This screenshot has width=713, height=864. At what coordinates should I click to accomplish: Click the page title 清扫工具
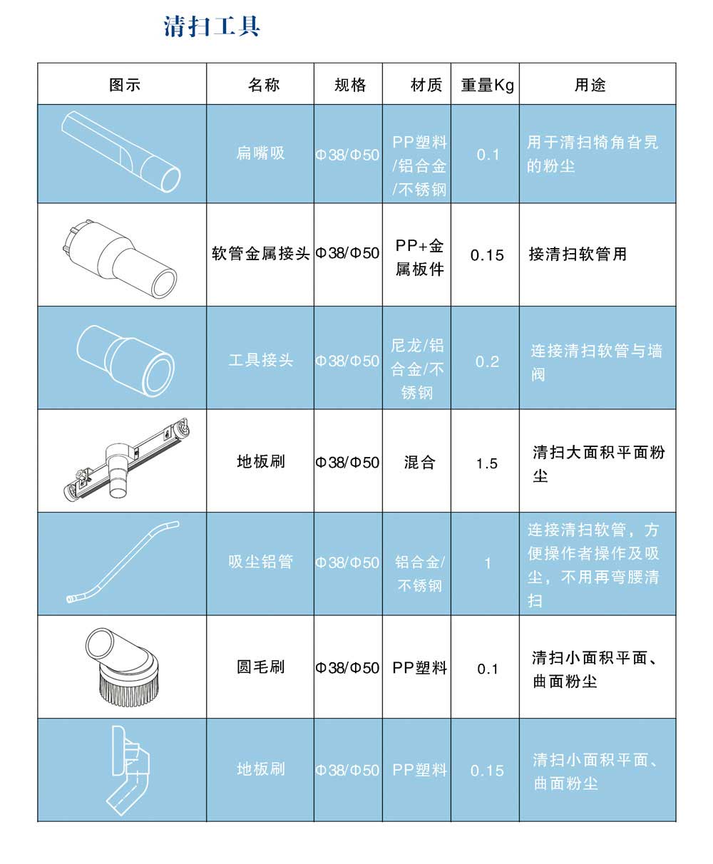coord(212,26)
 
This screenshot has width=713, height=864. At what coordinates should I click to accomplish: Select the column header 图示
coord(125,85)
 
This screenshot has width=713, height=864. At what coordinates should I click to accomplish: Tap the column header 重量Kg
coord(487,85)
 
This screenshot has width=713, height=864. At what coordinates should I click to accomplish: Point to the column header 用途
coord(590,85)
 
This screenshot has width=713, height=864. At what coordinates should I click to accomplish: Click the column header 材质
coord(426,85)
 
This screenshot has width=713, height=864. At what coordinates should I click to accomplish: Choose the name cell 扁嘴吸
coord(260,153)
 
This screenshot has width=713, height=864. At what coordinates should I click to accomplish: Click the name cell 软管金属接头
coord(260,254)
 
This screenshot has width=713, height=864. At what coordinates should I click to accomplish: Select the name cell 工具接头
coord(260,360)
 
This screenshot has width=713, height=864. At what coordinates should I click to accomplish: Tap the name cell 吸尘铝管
coord(260,562)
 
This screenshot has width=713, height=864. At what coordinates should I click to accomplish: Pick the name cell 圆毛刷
coord(260,667)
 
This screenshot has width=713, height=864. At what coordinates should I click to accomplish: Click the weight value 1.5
coord(487,464)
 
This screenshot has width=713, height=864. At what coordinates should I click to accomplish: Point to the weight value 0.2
coord(487,361)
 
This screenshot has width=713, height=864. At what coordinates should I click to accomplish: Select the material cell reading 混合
coord(419,463)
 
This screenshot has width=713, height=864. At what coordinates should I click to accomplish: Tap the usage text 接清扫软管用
coord(578,254)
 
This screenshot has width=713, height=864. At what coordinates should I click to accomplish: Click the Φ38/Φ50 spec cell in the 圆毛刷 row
coord(348,668)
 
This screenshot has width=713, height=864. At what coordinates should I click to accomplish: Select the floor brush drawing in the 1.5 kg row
coord(125,460)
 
